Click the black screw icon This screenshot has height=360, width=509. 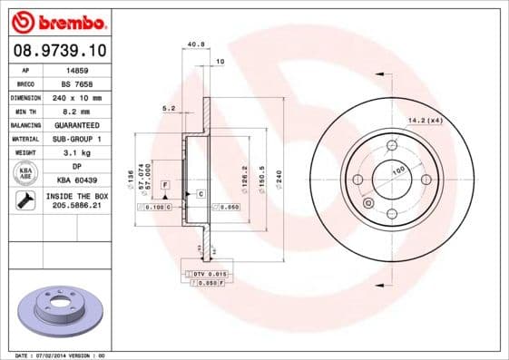click(24, 201)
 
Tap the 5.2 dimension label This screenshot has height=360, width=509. click(168, 108)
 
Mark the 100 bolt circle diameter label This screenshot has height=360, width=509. click(397, 170)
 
